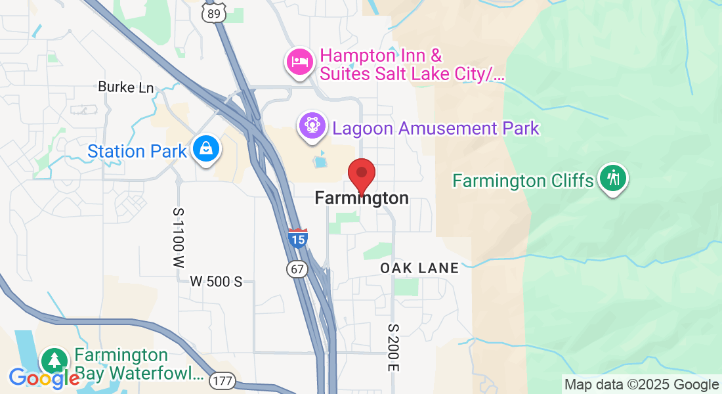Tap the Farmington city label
pos(362,198)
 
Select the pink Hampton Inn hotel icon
pos(299,62)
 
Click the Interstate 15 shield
pos(297,238)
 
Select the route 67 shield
pos(297,269)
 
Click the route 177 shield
pos(223,380)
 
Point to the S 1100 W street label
pos(178,238)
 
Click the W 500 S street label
pos(216,282)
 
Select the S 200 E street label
pos(393,347)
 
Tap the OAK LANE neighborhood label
pos(419,268)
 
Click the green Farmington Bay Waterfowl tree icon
pos(55,361)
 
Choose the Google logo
pos(44,378)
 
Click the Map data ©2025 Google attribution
pos(641,385)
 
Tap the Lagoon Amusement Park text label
pos(436,128)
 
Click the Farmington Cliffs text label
pos(523,181)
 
